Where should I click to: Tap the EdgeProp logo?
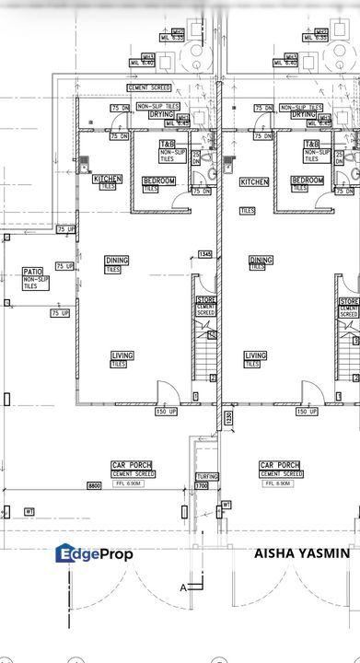[94, 553]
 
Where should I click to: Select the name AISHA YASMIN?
[301, 553]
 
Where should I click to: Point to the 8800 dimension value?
[94, 484]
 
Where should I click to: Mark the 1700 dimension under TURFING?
[203, 484]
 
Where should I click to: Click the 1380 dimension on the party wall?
[227, 419]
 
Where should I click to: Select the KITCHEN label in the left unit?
[107, 179]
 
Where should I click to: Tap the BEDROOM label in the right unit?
[306, 180]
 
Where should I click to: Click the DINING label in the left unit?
[117, 261]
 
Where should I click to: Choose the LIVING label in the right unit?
[255, 355]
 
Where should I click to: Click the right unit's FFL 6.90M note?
[279, 483]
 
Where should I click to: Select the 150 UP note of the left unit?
[166, 412]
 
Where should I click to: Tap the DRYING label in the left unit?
[162, 115]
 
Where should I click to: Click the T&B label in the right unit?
[312, 145]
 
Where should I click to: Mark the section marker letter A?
[182, 587]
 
